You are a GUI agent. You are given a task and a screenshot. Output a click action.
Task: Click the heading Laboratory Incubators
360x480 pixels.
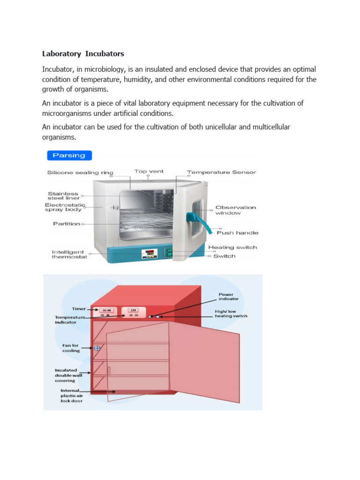tap(83, 54)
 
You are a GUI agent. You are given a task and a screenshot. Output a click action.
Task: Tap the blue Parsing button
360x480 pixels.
tap(69, 155)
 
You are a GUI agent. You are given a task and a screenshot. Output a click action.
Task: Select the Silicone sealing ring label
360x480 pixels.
tap(80, 172)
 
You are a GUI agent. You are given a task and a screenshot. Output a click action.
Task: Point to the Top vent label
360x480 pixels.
tap(149, 172)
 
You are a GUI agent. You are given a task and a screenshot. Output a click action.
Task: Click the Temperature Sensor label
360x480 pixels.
tap(221, 172)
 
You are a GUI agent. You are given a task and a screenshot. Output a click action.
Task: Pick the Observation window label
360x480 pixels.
tap(235, 210)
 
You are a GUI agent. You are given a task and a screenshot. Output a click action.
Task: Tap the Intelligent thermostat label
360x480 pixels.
tap(69, 254)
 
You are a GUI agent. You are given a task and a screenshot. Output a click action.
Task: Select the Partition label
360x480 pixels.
tap(66, 224)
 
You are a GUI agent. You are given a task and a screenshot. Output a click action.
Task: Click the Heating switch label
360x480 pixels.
tap(232, 247)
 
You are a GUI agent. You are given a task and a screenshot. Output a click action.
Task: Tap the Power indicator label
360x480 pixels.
tap(229, 296)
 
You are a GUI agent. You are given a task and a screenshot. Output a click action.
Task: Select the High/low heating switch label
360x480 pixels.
tap(231, 313)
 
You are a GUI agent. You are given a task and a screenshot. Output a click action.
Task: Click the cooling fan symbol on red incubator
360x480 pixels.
tap(97, 348)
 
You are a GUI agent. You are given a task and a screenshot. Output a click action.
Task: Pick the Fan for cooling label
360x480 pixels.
tap(71, 348)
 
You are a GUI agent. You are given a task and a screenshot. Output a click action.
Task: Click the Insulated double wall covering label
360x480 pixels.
tap(66, 375)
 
